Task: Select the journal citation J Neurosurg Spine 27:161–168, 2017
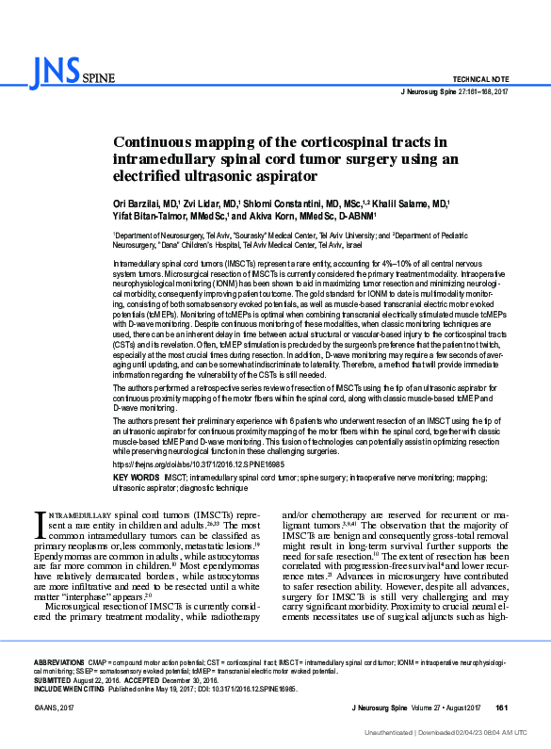[455, 92]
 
